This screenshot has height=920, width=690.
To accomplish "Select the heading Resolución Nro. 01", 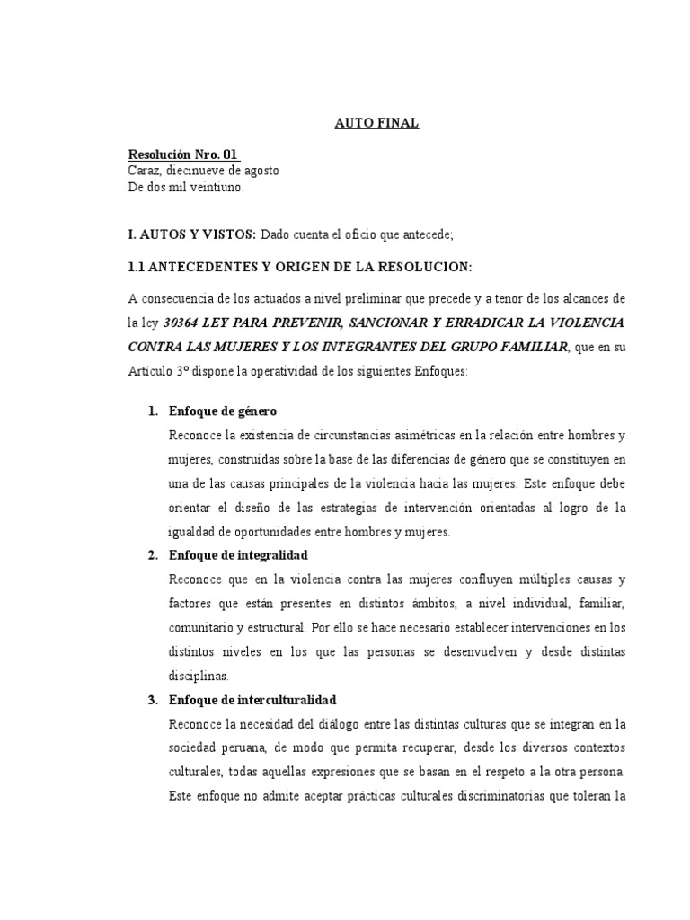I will (x=184, y=155).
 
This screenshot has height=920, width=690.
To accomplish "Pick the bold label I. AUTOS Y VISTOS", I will (x=192, y=234).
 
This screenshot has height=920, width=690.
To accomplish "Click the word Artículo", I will (x=155, y=373).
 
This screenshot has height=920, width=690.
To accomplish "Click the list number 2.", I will (x=153, y=555).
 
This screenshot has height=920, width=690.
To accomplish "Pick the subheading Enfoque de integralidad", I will (x=238, y=555).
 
